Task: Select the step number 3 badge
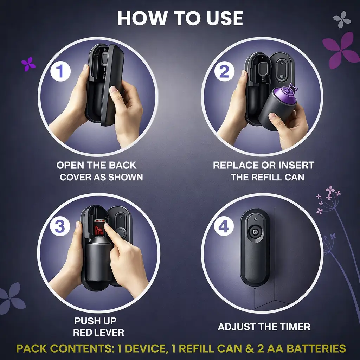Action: tap(60, 226)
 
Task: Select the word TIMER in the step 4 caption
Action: tap(293, 327)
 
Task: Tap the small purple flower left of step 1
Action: tap(28, 64)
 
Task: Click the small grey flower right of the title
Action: tap(342, 19)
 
